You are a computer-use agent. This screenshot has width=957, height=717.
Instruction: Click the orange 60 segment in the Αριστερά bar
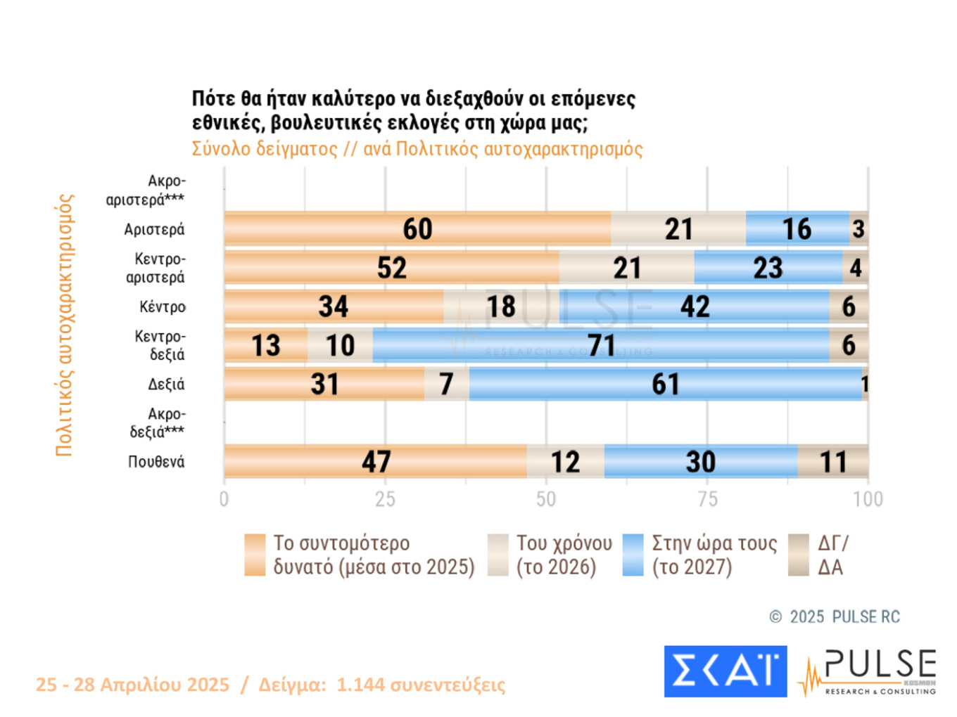click(x=417, y=229)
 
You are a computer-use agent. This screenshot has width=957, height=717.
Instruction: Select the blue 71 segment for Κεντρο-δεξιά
click(x=601, y=345)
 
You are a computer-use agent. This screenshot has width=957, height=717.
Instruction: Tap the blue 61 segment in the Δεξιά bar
click(x=665, y=385)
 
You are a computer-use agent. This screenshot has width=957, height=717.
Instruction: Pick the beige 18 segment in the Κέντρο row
click(x=501, y=306)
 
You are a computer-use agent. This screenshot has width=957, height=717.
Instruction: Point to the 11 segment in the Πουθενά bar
click(x=833, y=462)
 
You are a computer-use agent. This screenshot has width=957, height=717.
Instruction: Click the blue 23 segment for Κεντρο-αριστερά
click(x=768, y=268)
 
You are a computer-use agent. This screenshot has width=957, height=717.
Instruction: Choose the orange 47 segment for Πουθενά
click(x=376, y=462)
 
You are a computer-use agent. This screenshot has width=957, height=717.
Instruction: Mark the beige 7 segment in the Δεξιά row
click(x=447, y=385)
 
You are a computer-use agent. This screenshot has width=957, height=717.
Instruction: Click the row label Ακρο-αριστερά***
click(x=146, y=190)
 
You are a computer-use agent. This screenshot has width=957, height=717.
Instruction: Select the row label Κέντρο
click(x=163, y=307)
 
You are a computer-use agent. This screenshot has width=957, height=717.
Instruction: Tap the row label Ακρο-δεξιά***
click(x=157, y=423)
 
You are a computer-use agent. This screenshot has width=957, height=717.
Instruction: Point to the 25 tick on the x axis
click(x=385, y=499)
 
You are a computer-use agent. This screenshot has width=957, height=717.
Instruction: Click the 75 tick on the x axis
click(x=707, y=499)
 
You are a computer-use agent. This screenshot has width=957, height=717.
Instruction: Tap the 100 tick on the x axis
click(x=868, y=499)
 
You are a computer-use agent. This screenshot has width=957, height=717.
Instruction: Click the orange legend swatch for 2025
click(x=255, y=555)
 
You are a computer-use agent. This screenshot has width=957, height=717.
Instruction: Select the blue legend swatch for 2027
click(x=633, y=555)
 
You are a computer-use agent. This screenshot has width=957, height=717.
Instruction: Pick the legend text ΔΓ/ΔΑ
click(x=832, y=555)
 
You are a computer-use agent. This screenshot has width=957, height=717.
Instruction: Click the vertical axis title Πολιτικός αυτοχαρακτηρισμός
click(x=64, y=325)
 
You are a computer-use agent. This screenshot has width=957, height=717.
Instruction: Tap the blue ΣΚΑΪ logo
click(x=725, y=671)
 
